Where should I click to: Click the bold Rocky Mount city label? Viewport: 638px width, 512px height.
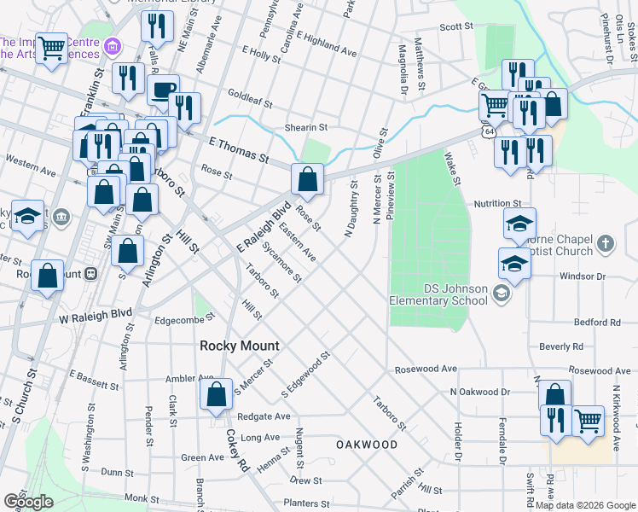[240, 346]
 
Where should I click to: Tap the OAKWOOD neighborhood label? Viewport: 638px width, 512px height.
[366, 445]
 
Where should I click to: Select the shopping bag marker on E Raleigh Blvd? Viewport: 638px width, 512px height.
[307, 180]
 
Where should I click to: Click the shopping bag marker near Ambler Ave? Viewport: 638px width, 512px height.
[216, 395]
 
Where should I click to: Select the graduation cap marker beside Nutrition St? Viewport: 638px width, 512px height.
[519, 224]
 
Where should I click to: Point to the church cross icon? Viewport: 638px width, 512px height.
[605, 244]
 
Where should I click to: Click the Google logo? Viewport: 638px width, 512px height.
[28, 502]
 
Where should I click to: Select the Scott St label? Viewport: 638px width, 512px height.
[456, 26]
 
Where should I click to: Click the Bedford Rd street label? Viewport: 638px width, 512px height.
[597, 323]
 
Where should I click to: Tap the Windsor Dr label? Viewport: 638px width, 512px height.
[582, 276]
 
